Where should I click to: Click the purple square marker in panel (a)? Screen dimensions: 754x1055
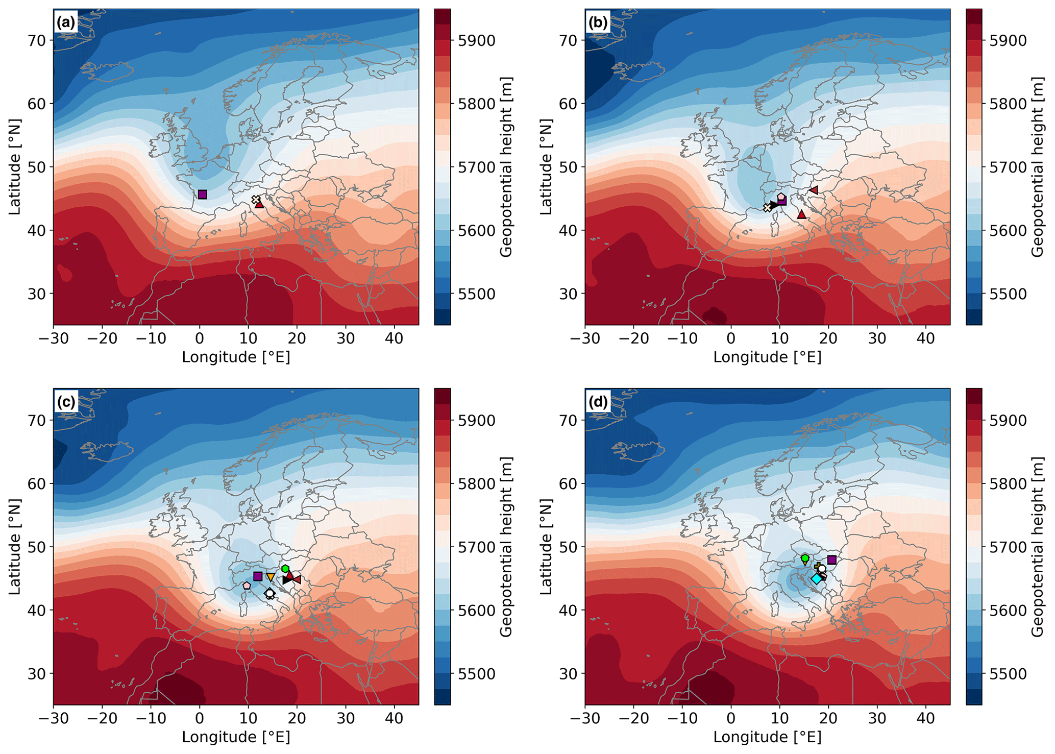tap(202, 194)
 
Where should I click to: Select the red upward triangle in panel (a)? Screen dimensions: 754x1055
tap(259, 204)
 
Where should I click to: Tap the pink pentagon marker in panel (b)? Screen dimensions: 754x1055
tap(781, 197)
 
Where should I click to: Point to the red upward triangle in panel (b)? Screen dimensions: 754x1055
tap(802, 214)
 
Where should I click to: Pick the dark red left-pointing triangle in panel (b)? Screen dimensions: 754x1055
tap(814, 190)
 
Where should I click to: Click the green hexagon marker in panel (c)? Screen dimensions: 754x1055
tap(285, 569)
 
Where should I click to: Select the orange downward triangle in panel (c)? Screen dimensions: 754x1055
tap(271, 577)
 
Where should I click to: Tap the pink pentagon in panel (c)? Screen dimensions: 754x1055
tap(247, 586)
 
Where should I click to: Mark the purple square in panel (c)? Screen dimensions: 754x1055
tap(258, 576)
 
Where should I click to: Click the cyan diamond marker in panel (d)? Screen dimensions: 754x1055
tap(817, 579)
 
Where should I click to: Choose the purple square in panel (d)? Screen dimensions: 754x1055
tap(832, 560)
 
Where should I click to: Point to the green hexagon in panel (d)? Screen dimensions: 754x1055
tap(805, 558)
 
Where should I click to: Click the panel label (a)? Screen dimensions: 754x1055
tap(66, 22)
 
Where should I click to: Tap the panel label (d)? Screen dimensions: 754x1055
tap(598, 402)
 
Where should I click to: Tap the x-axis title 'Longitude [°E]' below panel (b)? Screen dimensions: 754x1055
tap(767, 357)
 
